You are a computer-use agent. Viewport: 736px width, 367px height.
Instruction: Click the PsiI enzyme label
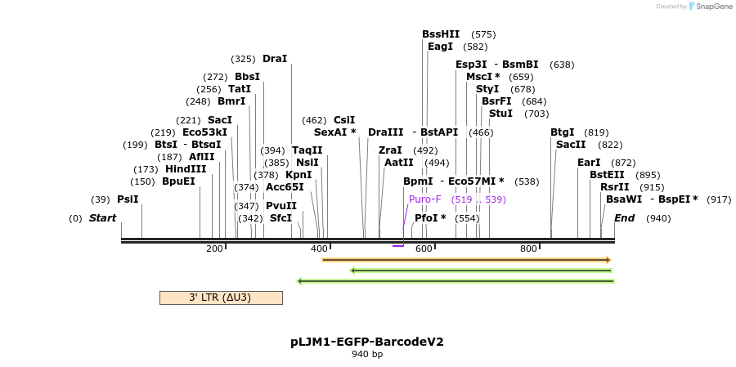pos(128,199)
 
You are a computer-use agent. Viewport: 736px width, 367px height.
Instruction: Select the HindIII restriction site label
pos(186,169)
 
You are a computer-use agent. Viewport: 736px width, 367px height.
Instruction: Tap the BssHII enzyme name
pos(441,34)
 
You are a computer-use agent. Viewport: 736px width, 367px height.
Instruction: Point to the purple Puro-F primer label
pos(425,199)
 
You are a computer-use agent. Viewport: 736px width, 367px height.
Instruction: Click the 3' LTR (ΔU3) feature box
pos(221,298)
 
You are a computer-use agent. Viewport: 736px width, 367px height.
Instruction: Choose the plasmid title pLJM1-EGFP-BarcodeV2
pos(367,342)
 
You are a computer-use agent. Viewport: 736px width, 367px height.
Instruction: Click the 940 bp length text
pos(367,355)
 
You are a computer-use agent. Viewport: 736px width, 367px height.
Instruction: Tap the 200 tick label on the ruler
pos(215,249)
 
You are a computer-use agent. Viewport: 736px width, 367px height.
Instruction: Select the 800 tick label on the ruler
pos(528,249)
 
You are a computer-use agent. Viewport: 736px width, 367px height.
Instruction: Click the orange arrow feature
pos(466,260)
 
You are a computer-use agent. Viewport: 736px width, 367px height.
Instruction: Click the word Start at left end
pos(102,218)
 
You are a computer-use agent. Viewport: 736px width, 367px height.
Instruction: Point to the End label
pos(624,218)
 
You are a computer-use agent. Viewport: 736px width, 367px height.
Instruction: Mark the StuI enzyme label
pos(500,114)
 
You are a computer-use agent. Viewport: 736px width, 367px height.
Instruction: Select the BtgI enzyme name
pos(562,132)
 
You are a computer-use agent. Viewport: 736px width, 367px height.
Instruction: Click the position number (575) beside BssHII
pos(483,34)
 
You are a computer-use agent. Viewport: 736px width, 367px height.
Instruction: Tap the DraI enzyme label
pos(275,59)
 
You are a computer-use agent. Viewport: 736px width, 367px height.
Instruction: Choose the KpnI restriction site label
pos(298,175)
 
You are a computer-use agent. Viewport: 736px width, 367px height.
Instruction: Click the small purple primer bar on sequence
pos(398,245)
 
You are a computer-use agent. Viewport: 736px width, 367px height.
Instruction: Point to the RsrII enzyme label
pos(614,187)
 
